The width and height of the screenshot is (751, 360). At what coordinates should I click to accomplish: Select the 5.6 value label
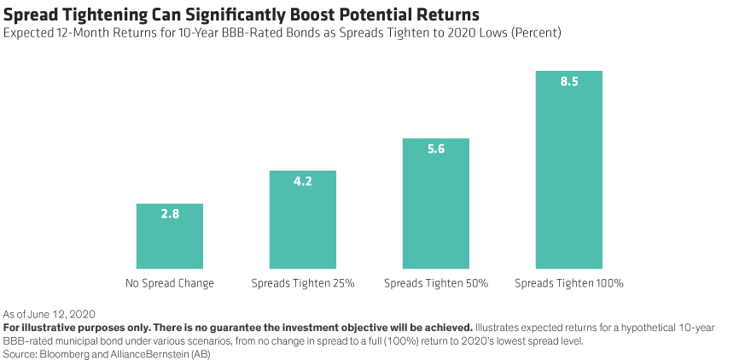click(x=435, y=148)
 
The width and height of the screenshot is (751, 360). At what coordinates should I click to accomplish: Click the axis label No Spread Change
click(x=169, y=282)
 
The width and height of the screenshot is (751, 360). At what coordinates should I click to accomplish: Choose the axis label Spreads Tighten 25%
click(x=302, y=282)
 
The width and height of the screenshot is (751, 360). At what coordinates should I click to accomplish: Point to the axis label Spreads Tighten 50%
click(x=435, y=282)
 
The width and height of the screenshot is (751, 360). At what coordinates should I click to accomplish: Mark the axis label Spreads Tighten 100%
click(x=568, y=282)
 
